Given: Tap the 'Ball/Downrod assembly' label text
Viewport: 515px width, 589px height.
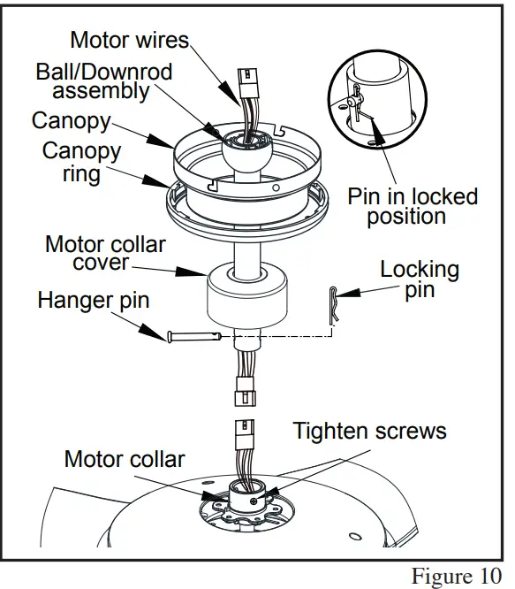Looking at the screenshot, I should click(104, 80).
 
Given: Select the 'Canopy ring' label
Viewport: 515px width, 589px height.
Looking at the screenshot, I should click(81, 161).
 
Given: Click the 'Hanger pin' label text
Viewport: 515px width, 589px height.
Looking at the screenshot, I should click(93, 301).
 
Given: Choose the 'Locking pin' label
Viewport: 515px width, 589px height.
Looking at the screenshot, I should click(420, 279).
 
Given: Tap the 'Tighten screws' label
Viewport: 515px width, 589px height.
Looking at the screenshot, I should click(369, 431).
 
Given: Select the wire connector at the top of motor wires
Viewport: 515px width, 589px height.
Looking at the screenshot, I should click(246, 83).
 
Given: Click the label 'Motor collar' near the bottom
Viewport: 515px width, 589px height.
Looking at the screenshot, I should click(125, 459).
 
